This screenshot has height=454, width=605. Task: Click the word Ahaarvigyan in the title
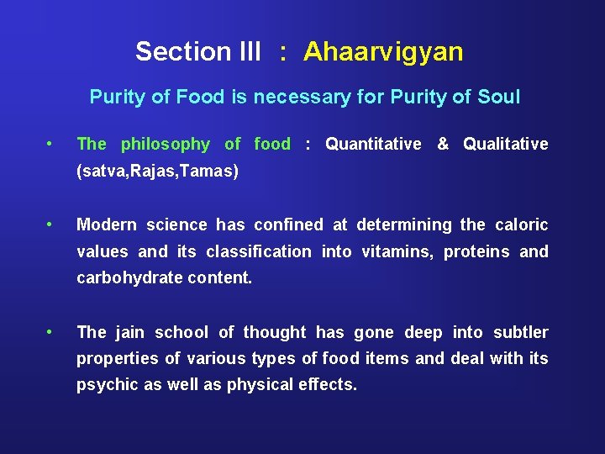pyautogui.click(x=383, y=52)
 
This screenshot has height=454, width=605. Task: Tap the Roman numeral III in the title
pyautogui.click(x=245, y=52)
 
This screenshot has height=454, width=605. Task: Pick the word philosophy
pyautogui.click(x=165, y=145)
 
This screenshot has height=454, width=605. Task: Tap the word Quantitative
pyautogui.click(x=373, y=145)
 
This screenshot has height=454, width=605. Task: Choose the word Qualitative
pyautogui.click(x=505, y=145)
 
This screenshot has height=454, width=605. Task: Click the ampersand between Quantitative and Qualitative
pyautogui.click(x=442, y=145)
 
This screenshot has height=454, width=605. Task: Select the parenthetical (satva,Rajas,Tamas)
pyautogui.click(x=157, y=172)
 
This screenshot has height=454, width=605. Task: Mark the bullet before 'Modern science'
pyautogui.click(x=52, y=224)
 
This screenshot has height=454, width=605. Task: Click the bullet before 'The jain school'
pyautogui.click(x=52, y=332)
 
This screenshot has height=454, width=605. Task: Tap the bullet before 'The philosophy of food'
pyautogui.click(x=52, y=144)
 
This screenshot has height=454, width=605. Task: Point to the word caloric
pyautogui.click(x=520, y=224)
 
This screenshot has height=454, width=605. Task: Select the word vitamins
pyautogui.click(x=396, y=251)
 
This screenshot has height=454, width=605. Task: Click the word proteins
pyautogui.click(x=476, y=251)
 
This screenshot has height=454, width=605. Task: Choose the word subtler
pyautogui.click(x=520, y=332)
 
